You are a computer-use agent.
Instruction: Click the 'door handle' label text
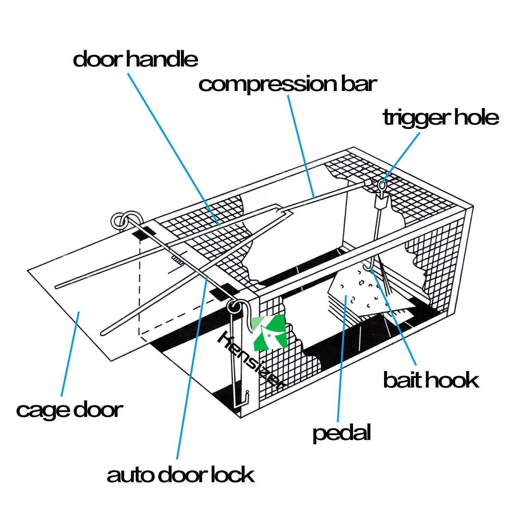click(x=135, y=59)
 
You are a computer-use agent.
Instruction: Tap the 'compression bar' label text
click(x=288, y=84)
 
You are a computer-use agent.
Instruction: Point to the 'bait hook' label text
click(x=431, y=380)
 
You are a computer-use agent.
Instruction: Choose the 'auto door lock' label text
click(x=180, y=475)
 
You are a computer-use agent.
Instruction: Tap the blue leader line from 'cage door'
click(x=70, y=352)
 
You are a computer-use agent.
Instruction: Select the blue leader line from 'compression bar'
click(x=301, y=147)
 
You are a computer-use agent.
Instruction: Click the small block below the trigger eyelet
click(x=382, y=204)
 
